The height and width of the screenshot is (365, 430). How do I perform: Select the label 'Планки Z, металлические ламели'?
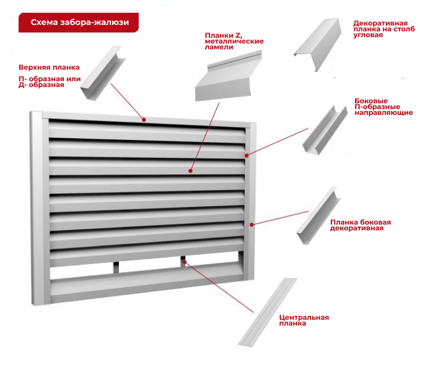click(234, 41)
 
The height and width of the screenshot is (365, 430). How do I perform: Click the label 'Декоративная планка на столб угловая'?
click(384, 29)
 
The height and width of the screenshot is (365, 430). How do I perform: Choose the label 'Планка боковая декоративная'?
click(360, 225)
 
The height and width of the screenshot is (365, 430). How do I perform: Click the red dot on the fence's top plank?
click(144, 120)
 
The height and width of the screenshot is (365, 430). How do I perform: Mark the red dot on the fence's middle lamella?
click(190, 171)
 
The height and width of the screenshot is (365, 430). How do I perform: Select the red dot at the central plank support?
click(185, 262)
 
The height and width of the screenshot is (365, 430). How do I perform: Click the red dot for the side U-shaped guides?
click(247, 155)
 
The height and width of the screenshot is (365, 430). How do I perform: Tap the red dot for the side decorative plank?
click(251, 224)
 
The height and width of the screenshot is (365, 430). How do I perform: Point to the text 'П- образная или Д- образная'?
click(49, 82)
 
